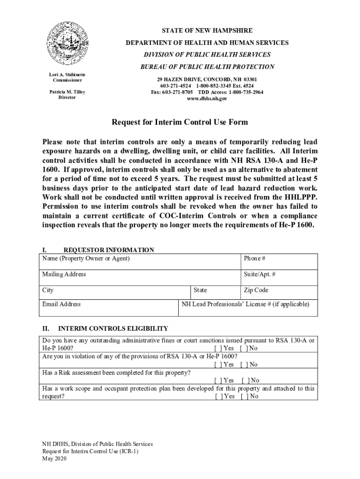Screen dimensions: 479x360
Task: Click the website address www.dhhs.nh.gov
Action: tap(207, 99)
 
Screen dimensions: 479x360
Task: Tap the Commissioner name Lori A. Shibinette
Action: tap(67, 75)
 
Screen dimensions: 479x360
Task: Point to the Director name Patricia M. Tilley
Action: tap(67, 92)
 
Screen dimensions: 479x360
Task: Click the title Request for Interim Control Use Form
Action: tap(180, 123)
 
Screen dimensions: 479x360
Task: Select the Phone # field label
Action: tap(254, 259)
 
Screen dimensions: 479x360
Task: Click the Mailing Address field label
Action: tap(64, 274)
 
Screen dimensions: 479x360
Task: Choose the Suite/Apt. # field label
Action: tap(259, 274)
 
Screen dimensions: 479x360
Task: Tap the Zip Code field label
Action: tap(256, 290)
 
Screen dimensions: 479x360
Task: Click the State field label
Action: tap(200, 290)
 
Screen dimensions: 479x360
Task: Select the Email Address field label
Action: tap(61, 304)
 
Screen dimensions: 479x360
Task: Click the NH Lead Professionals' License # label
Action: tap(245, 304)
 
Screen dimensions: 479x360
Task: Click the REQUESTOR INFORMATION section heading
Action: tap(108, 250)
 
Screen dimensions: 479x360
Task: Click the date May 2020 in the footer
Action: tap(55, 459)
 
